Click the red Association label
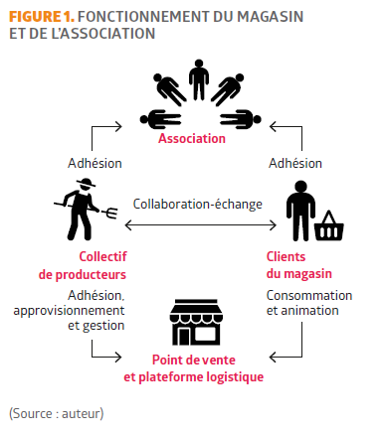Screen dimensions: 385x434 (x=192, y=138)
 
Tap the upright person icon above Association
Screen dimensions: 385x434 (x=199, y=79)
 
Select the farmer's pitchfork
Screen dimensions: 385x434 (x=87, y=208)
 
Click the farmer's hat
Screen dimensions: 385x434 (x=86, y=183)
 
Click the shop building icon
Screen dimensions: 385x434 (x=196, y=323)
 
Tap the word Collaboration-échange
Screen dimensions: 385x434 (x=198, y=204)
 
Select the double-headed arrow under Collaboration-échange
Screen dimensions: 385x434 (x=200, y=225)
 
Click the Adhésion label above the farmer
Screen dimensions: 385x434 (x=95, y=163)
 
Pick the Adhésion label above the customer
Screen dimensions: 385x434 (x=295, y=163)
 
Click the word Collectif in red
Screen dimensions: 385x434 (x=102, y=256)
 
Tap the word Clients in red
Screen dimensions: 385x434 (x=286, y=256)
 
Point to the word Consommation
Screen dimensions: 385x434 (x=309, y=295)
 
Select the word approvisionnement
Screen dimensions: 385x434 (x=69, y=311)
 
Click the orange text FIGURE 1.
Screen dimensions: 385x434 (x=42, y=17)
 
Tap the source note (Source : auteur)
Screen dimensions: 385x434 (x=57, y=413)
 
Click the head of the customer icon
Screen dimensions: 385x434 (x=300, y=187)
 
